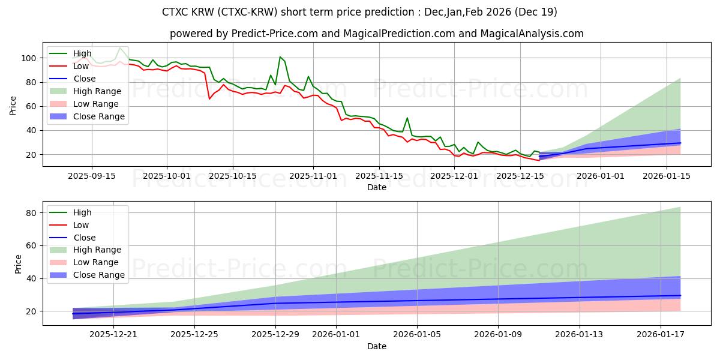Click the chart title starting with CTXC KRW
[x=359, y=12]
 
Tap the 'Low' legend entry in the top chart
[x=80, y=66]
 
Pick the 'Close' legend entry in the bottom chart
[x=83, y=238]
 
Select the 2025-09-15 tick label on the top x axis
[x=91, y=176]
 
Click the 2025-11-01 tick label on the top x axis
[x=313, y=176]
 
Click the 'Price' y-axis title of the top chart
[x=13, y=107]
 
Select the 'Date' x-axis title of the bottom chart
[x=376, y=346]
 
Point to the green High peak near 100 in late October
[x=280, y=57]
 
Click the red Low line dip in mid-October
[x=209, y=98]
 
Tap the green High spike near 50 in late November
[x=407, y=118]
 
